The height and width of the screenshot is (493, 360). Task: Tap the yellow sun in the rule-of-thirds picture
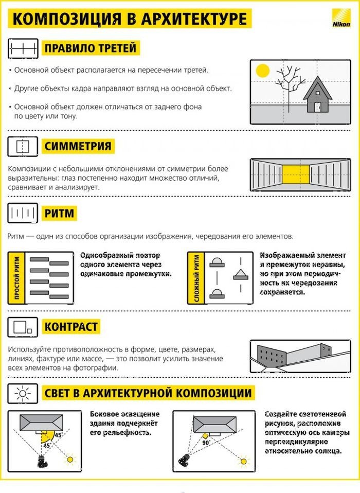point(263,71)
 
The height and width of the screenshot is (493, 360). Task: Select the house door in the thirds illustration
point(318,107)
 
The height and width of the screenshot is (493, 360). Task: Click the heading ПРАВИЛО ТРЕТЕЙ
point(90,49)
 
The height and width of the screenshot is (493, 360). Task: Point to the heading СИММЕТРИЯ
point(78,146)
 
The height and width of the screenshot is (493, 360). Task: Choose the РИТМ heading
point(59,213)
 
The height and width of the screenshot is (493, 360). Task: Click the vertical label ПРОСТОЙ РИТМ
point(17,278)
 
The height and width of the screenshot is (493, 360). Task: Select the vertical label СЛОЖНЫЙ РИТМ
point(196,278)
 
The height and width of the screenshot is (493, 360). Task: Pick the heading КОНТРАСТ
point(71,327)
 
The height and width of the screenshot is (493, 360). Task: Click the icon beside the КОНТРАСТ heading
point(23,327)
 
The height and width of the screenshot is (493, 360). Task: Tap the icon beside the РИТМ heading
point(23,213)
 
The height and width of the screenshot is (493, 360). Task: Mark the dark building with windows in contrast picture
point(272,356)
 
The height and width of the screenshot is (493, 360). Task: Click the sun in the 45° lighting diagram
point(70,459)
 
